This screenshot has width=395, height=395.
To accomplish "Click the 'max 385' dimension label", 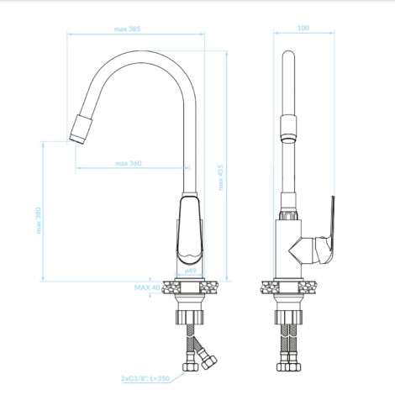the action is (127, 29).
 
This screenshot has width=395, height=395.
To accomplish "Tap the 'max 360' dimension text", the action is (129, 163).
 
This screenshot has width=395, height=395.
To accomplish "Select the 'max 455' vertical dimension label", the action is (221, 177).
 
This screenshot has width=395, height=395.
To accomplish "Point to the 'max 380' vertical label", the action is (39, 220).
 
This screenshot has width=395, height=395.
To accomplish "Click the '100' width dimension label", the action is (303, 28).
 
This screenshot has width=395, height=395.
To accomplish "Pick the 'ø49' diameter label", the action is (191, 271).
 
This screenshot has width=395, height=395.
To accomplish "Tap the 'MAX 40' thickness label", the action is (147, 287).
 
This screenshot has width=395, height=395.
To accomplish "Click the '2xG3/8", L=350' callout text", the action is (145, 378).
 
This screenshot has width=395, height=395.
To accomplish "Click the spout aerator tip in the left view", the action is (81, 129).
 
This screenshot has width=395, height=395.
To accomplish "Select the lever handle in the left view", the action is (189, 230).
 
